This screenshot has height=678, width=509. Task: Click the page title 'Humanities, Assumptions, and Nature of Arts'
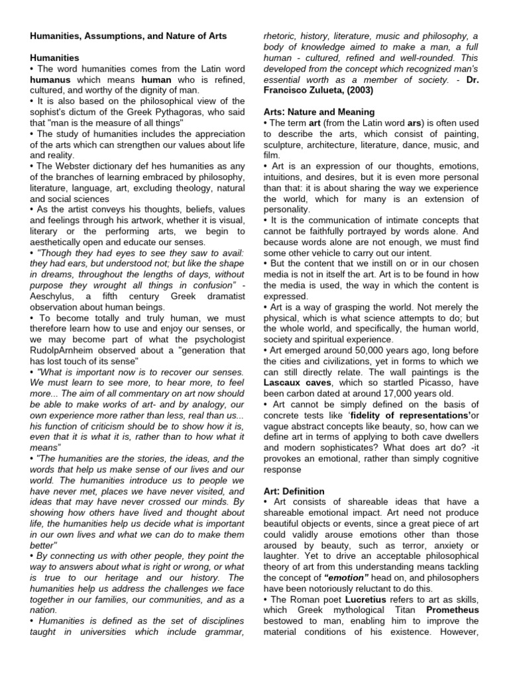point(128,36)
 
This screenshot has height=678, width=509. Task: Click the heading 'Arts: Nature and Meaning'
point(319,112)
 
